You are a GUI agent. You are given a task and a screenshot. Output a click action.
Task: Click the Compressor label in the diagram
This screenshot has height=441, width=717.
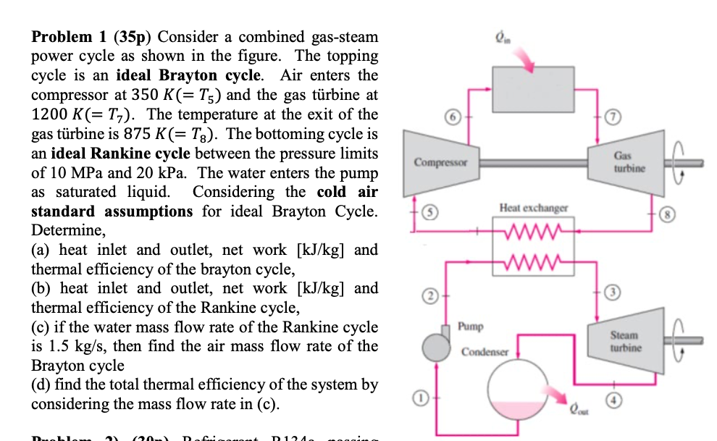click(441, 162)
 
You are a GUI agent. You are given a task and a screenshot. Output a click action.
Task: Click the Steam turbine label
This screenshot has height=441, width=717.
click(624, 341)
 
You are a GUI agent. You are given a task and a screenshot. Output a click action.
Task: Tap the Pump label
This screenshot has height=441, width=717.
click(471, 327)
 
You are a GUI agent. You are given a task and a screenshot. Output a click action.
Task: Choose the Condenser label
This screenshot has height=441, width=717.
click(485, 352)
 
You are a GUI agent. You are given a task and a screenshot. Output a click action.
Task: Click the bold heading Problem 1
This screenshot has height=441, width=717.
click(70, 37)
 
